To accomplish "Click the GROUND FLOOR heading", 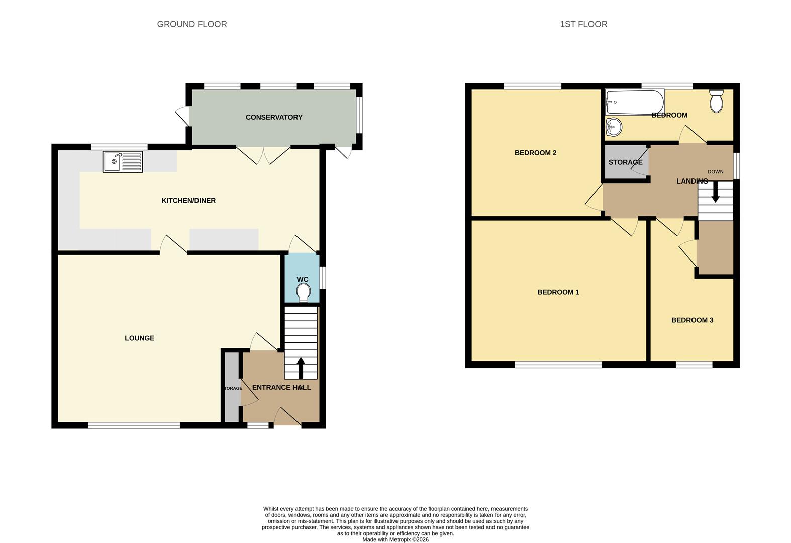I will pyautogui.click(x=191, y=24).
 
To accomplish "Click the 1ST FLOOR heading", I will pyautogui.click(x=583, y=24).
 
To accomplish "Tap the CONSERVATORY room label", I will pyautogui.click(x=274, y=117).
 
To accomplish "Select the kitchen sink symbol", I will pyautogui.click(x=123, y=162).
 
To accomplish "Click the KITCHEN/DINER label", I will pyautogui.click(x=188, y=201).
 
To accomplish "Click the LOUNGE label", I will pyautogui.click(x=139, y=338).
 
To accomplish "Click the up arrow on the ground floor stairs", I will pyautogui.click(x=301, y=368).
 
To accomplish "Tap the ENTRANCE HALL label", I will pyautogui.click(x=281, y=387).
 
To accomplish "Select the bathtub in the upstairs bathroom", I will pyautogui.click(x=634, y=102).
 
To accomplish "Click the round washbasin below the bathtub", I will pyautogui.click(x=614, y=127).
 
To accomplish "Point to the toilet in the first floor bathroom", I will pyautogui.click(x=716, y=101).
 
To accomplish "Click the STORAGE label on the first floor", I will pyautogui.click(x=625, y=162).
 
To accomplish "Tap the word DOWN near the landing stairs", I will pyautogui.click(x=715, y=172).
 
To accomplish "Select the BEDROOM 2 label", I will pyautogui.click(x=535, y=153).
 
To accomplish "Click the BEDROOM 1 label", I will pyautogui.click(x=558, y=292).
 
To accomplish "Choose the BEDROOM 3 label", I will pyautogui.click(x=692, y=320).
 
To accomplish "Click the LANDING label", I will pyautogui.click(x=691, y=181).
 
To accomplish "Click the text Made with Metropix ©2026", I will pyautogui.click(x=395, y=539).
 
